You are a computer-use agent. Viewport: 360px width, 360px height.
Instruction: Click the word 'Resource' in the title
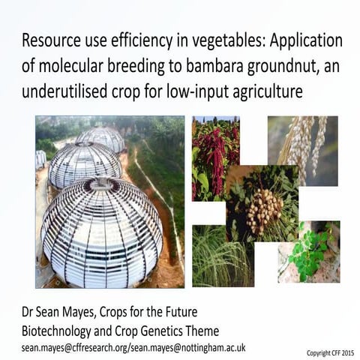52,40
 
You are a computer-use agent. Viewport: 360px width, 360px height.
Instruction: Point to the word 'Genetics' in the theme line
178,329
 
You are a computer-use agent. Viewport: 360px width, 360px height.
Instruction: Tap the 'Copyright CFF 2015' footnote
330,352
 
